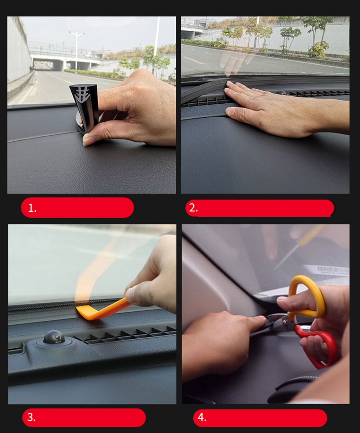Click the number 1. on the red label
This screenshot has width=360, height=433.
click(x=32, y=208)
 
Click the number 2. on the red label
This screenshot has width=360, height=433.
click(x=193, y=208)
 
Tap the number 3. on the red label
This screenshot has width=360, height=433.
click(x=31, y=418)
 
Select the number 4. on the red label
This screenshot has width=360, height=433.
click(x=202, y=418)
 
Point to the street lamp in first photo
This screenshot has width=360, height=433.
click(x=76, y=50)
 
